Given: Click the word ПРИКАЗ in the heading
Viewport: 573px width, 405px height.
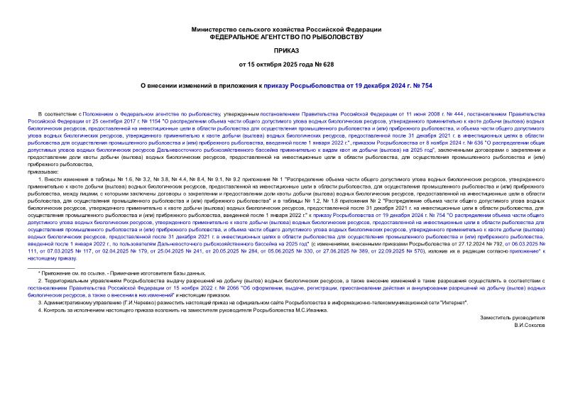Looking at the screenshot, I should click(x=287, y=52).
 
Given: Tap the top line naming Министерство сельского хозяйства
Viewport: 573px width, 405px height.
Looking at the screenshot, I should click(x=287, y=28).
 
